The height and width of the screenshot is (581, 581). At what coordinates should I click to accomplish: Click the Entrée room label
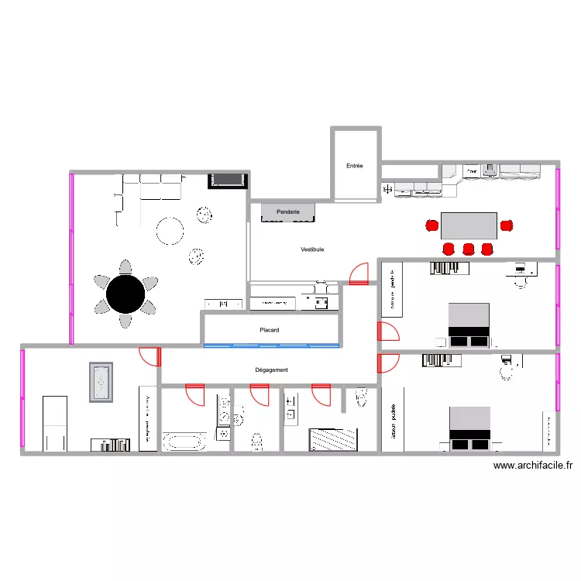(x=355, y=166)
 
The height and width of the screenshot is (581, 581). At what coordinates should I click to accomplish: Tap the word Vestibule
(x=312, y=249)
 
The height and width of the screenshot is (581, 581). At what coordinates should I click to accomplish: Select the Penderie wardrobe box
(x=287, y=211)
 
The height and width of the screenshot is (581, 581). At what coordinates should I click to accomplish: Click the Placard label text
(x=270, y=330)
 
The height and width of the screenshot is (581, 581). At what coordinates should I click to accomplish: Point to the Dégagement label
(x=271, y=370)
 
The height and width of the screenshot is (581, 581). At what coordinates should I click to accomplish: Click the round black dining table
(x=125, y=294)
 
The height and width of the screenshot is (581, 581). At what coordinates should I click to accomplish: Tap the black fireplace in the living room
(x=227, y=180)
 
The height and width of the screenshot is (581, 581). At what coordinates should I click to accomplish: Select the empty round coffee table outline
(x=170, y=230)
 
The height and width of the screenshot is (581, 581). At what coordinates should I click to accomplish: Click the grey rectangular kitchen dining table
(x=469, y=225)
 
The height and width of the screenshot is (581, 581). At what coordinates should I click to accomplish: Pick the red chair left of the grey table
(x=431, y=225)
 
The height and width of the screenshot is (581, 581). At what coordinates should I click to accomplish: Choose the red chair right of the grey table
(x=507, y=225)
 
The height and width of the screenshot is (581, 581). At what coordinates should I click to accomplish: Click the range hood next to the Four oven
(x=490, y=170)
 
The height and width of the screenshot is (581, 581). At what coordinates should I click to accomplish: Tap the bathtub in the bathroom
(x=184, y=442)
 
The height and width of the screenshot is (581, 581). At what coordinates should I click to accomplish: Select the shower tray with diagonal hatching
(x=333, y=439)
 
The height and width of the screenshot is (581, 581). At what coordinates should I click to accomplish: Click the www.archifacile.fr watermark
(x=533, y=466)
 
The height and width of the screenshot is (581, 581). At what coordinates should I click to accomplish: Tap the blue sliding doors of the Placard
(x=271, y=345)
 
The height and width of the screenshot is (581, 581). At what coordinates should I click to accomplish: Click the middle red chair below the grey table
(x=469, y=249)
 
